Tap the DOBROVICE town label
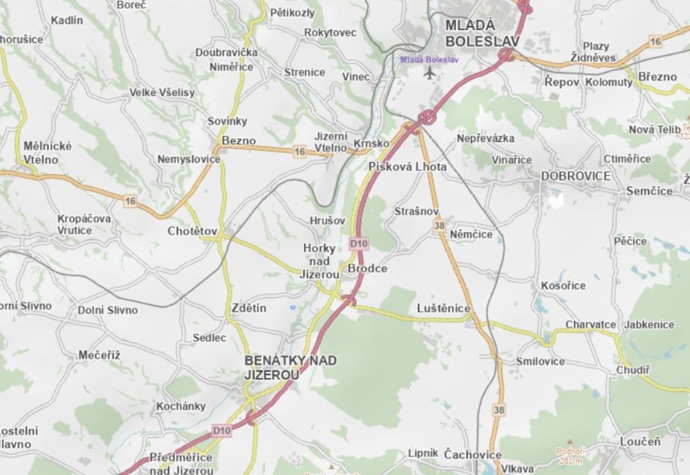coord(575,176)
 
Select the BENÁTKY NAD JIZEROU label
coord(290,367)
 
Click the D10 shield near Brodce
coord(359,243)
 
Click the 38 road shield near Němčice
coord(439,225)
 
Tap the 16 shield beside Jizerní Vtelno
coord(300,152)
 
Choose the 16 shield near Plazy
coord(655,41)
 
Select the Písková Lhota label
coord(407,167)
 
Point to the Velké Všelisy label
coord(162,93)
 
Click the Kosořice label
coord(563,286)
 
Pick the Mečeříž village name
coord(99,355)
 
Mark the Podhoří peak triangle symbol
coord(570,442)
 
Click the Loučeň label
coord(640,442)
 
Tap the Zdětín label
coord(249,308)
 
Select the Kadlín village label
coord(67,20)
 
